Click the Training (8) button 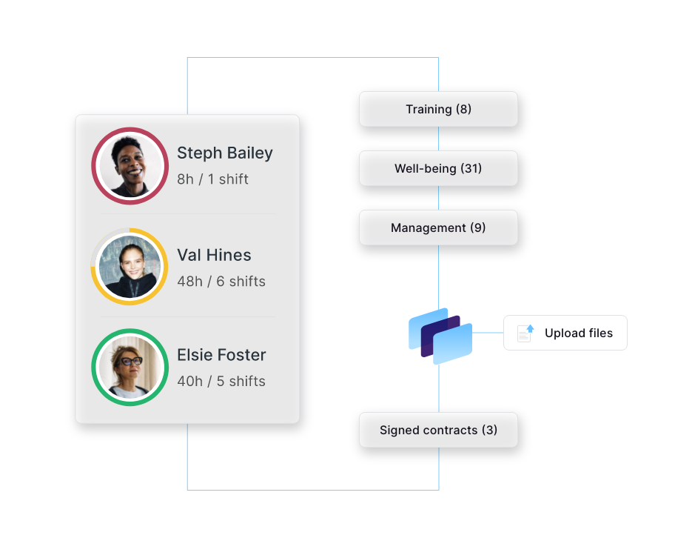(x=438, y=109)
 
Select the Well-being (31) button (x=438, y=168)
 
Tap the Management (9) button (x=438, y=228)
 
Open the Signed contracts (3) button (x=438, y=430)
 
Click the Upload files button (x=565, y=333)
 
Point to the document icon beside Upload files (x=525, y=333)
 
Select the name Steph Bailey (x=224, y=153)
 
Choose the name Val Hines (x=214, y=255)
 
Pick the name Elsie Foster (x=221, y=355)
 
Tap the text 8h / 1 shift (x=212, y=179)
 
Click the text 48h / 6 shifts (x=221, y=282)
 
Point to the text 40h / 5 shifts (x=221, y=382)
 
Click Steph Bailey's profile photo (x=130, y=166)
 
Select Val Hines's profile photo (x=130, y=267)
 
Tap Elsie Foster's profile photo (x=130, y=368)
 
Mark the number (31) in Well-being (x=471, y=168)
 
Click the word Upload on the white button (x=560, y=333)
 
